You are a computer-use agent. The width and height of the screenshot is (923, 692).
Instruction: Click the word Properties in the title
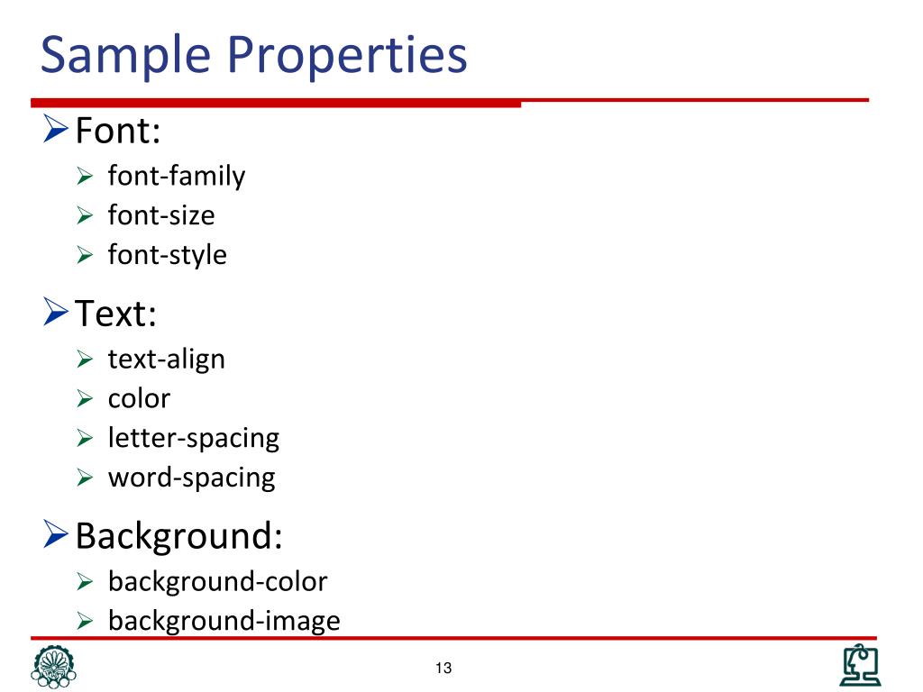tap(347, 56)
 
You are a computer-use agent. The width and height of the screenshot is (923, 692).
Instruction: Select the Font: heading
tap(118, 132)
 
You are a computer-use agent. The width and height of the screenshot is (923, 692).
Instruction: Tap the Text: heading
tap(116, 314)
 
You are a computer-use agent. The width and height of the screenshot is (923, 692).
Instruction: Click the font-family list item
tap(177, 176)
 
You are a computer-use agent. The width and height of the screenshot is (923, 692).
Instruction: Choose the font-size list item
tap(161, 215)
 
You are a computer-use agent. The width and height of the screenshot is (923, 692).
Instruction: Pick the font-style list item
tap(168, 255)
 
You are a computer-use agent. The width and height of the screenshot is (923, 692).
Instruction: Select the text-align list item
tap(167, 359)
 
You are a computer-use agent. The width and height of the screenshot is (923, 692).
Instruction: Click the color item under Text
tap(139, 398)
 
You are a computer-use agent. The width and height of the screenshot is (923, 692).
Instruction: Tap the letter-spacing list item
tap(194, 438)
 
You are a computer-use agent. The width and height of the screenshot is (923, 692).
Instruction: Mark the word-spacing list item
tap(192, 478)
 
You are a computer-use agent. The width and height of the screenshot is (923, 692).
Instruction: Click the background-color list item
tap(217, 581)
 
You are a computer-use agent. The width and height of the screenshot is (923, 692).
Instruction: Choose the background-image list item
tap(224, 621)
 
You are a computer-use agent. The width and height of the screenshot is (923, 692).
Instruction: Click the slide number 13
tap(443, 668)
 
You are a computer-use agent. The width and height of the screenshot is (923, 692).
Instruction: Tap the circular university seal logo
tap(54, 667)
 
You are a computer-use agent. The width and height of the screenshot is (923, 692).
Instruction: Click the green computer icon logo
tap(860, 666)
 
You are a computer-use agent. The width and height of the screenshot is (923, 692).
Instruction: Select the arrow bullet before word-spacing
tap(86, 478)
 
